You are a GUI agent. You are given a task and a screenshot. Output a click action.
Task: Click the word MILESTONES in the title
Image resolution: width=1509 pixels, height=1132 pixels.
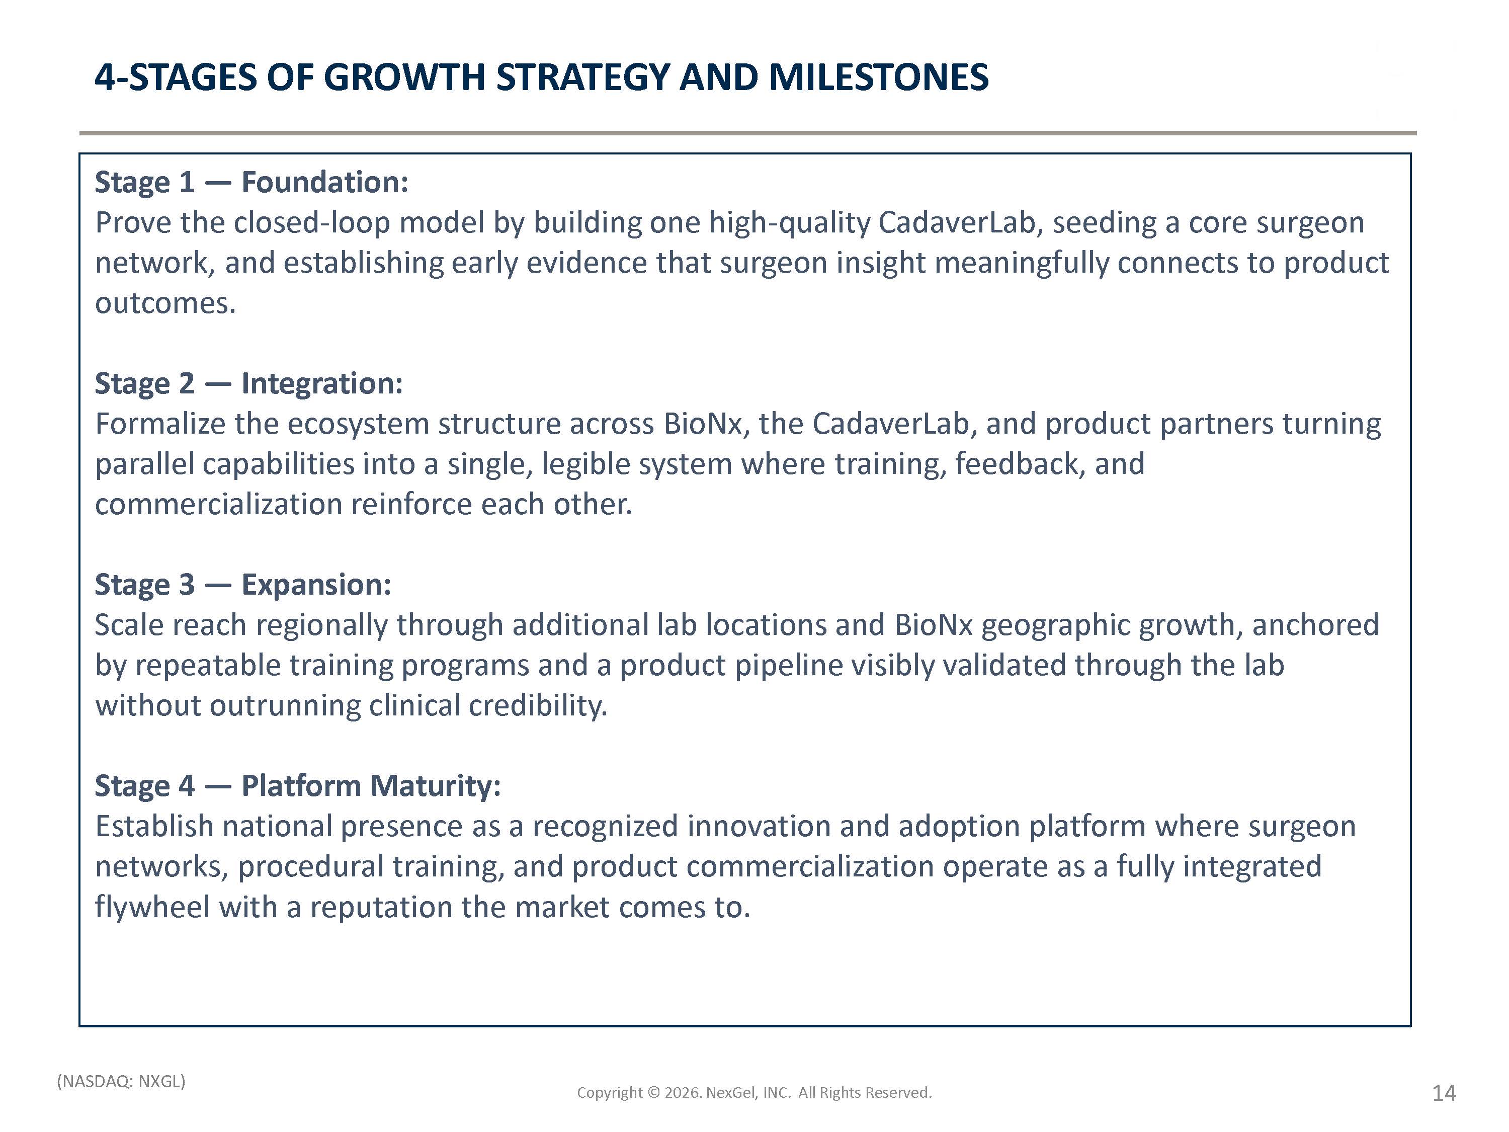[879, 77]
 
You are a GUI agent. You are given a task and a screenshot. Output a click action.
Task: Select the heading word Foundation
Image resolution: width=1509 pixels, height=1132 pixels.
[325, 182]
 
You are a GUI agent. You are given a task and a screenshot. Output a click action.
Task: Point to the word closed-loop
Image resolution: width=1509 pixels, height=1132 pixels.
[312, 223]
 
